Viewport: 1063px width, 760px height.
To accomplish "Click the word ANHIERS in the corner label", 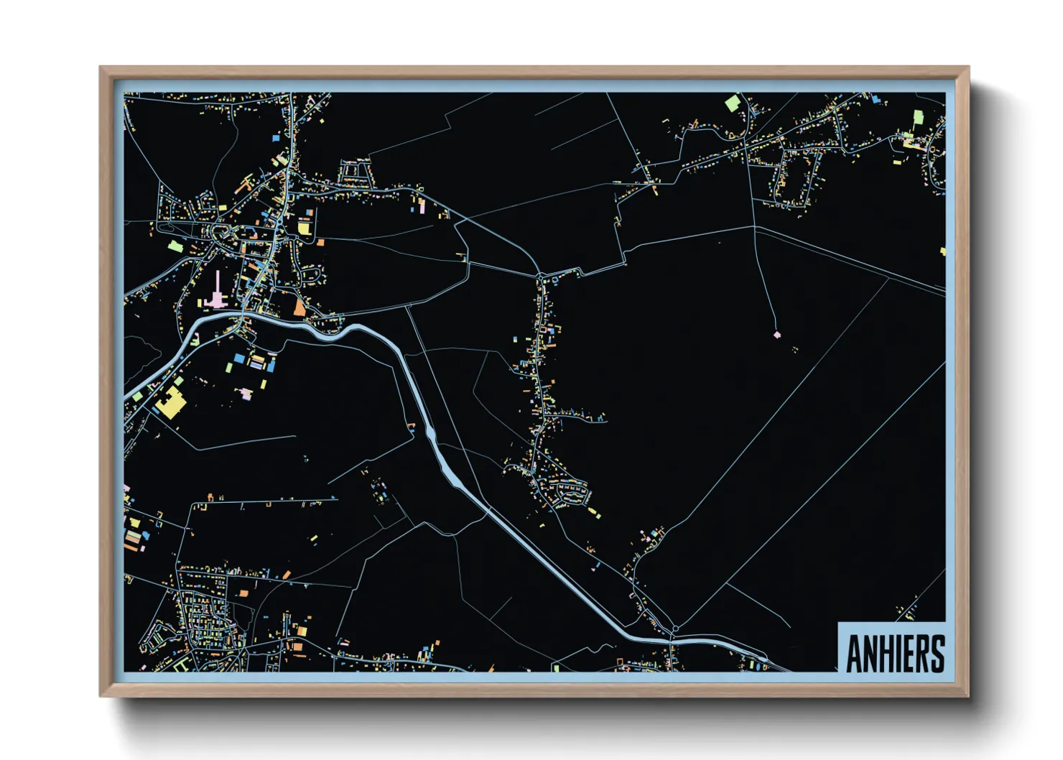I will pyautogui.click(x=894, y=653).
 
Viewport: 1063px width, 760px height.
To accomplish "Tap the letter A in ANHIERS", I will pyautogui.click(x=854, y=654).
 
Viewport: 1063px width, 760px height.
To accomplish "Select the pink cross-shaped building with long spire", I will pyautogui.click(x=216, y=295).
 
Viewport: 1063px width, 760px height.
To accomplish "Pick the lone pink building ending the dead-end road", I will pyautogui.click(x=776, y=334).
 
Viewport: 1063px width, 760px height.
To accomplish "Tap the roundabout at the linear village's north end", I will pyautogui.click(x=540, y=275).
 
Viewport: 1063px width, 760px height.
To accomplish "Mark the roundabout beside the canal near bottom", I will pyautogui.click(x=675, y=629).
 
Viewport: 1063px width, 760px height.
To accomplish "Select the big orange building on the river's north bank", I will pyautogui.click(x=299, y=307).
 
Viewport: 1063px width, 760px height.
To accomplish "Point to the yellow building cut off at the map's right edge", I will pyautogui.click(x=943, y=251).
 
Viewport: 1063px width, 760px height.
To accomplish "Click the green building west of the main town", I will pyautogui.click(x=174, y=246).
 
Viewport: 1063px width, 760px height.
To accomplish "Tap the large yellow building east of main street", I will pyautogui.click(x=304, y=228).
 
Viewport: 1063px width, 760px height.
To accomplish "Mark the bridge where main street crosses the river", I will pyautogui.click(x=243, y=318).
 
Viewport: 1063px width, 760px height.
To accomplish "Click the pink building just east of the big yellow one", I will pyautogui.click(x=246, y=394).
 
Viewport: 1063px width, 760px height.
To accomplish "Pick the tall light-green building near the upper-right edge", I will pyautogui.click(x=917, y=118).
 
